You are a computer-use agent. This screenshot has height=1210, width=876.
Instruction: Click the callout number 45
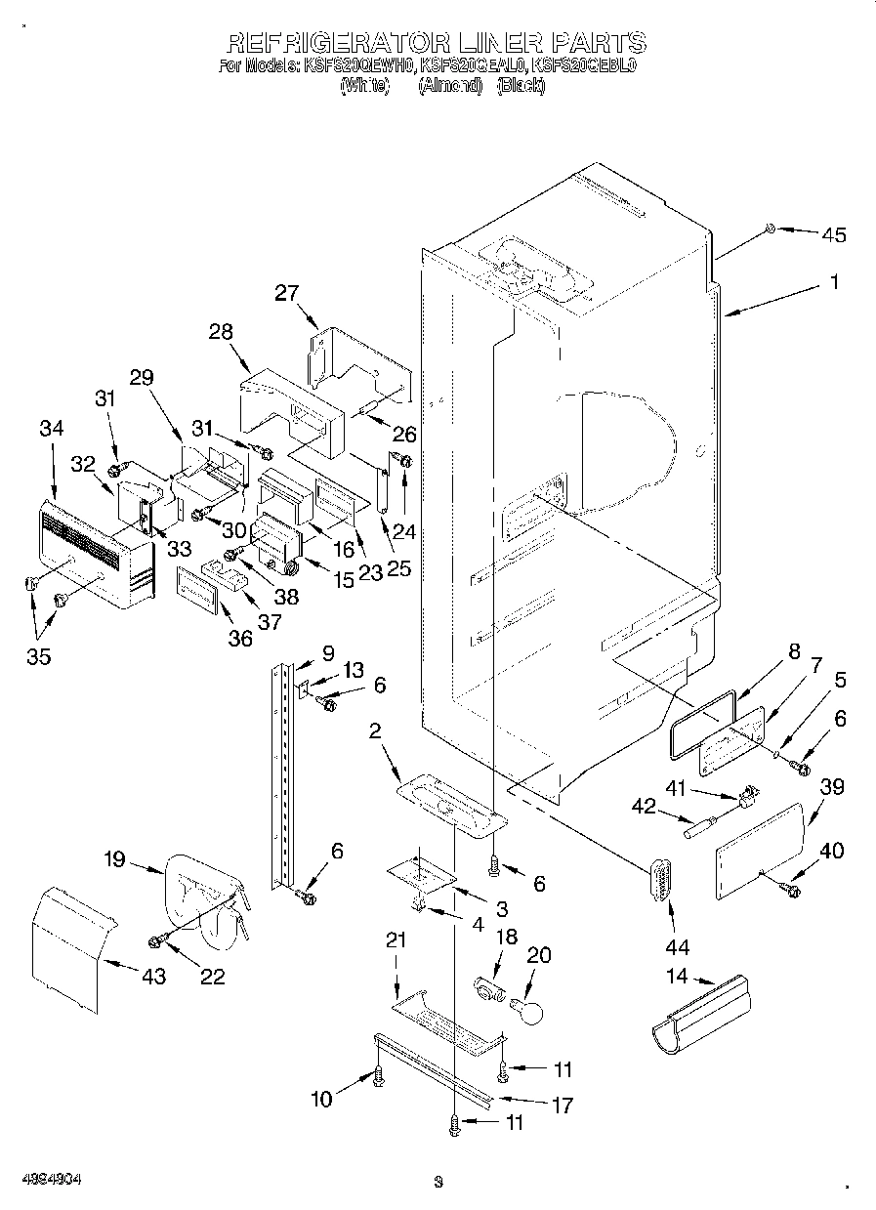click(x=833, y=234)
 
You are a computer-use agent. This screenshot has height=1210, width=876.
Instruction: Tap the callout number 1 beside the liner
click(x=833, y=282)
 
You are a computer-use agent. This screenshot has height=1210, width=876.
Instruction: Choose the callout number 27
click(x=286, y=294)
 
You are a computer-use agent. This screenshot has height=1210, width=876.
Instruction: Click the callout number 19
click(x=114, y=860)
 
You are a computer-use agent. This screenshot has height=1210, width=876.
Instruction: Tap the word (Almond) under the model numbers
click(x=450, y=85)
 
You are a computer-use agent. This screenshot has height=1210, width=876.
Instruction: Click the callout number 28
click(x=220, y=331)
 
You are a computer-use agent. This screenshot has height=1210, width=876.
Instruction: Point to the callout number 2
click(x=374, y=731)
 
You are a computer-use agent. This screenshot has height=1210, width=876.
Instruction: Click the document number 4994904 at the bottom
click(x=53, y=1179)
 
